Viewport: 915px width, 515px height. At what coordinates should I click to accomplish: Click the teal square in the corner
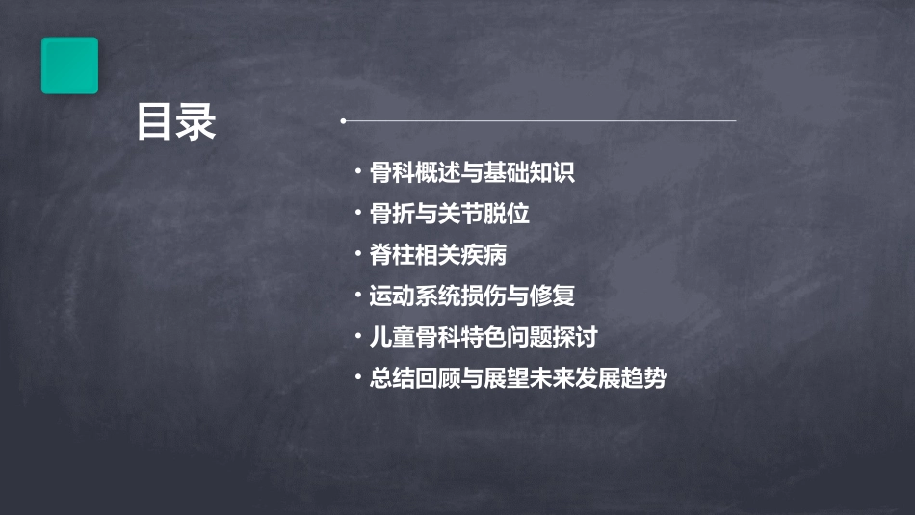click(69, 65)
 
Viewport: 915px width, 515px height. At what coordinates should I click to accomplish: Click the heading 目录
click(176, 122)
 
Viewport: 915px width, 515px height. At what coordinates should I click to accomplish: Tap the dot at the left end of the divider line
click(344, 121)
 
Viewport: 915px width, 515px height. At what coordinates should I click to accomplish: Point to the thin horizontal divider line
click(539, 121)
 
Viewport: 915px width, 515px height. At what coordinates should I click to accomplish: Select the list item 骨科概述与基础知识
click(472, 173)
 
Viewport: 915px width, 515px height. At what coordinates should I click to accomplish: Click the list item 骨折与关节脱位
click(450, 214)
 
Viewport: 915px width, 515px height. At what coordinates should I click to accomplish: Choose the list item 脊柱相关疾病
click(438, 255)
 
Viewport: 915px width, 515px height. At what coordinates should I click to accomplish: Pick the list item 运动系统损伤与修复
click(472, 296)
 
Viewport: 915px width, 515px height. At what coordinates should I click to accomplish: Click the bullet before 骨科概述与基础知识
click(358, 173)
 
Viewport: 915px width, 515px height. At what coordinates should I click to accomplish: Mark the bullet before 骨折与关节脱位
click(358, 214)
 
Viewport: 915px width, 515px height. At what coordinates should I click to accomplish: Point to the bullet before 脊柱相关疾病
click(358, 255)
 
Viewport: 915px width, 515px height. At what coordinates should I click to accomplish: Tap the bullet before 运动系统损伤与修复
click(358, 296)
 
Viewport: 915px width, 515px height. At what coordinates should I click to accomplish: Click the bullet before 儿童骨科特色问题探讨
click(358, 337)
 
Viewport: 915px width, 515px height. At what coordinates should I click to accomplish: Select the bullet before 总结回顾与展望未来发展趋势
click(358, 378)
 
